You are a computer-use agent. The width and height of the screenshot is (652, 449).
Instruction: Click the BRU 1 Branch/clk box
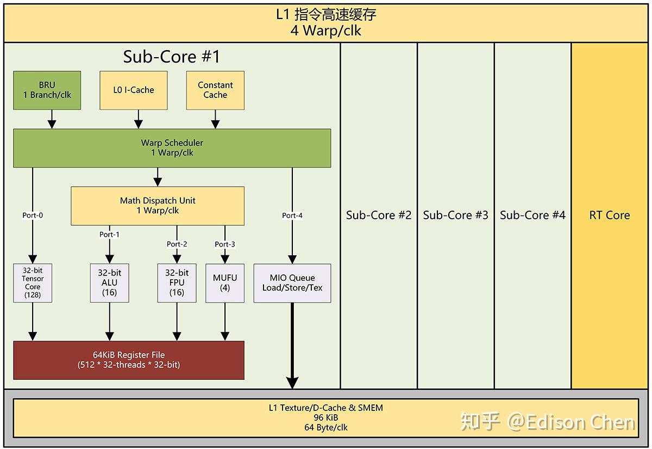point(47,90)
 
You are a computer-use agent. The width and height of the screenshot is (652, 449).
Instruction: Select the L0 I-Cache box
point(134,90)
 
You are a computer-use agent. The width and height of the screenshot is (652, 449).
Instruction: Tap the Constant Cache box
point(215,90)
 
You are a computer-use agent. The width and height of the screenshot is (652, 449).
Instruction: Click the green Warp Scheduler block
point(172,147)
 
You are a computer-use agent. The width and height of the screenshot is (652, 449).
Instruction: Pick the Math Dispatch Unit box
point(158,206)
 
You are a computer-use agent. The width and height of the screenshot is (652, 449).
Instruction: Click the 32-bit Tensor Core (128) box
point(33,283)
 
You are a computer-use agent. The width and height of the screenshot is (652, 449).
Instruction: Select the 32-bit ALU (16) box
point(110,283)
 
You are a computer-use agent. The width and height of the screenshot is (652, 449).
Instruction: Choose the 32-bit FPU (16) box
point(177,283)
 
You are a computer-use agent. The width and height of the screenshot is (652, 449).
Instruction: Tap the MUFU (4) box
point(225,283)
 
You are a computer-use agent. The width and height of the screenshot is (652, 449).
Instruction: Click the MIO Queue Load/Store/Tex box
point(292,283)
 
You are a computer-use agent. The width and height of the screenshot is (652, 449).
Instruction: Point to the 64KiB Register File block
point(129,360)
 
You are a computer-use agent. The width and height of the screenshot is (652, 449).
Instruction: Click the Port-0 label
point(33,216)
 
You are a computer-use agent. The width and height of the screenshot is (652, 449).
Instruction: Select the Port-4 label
point(292,216)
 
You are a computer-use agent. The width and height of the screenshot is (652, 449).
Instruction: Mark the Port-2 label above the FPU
point(177,244)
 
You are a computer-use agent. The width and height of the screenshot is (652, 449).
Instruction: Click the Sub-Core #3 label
point(455,215)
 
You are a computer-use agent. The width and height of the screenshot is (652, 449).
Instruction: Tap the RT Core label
point(610,215)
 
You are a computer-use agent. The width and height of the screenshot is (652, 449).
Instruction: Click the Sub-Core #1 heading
point(171,57)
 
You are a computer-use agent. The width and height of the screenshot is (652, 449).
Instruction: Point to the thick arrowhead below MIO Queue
point(292,383)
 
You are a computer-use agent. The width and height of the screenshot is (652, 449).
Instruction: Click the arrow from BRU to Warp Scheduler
point(52,119)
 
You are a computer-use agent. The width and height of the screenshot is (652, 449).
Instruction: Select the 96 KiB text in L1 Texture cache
point(326,417)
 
